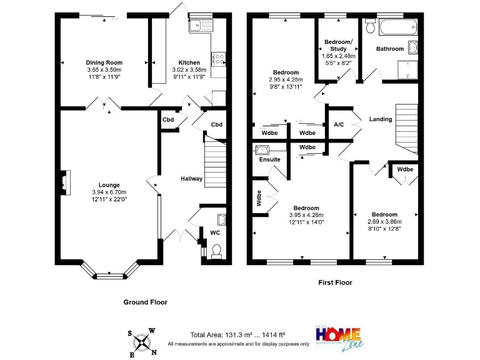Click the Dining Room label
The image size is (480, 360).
click(104, 62)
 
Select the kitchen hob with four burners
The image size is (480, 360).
click(219, 58)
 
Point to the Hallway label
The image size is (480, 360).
click(192, 179)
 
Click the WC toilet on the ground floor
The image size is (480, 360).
click(217, 251)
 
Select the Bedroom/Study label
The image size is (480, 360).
click(337, 45)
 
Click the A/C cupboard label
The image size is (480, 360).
click(339, 124)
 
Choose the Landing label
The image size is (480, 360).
click(381, 119)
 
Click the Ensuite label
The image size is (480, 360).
click(269, 159)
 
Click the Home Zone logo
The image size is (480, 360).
click(339, 336)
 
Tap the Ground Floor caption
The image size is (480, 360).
click(145, 302)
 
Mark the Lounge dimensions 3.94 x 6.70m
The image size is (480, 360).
click(109, 192)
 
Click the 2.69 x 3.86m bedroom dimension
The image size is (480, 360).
click(384, 221)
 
